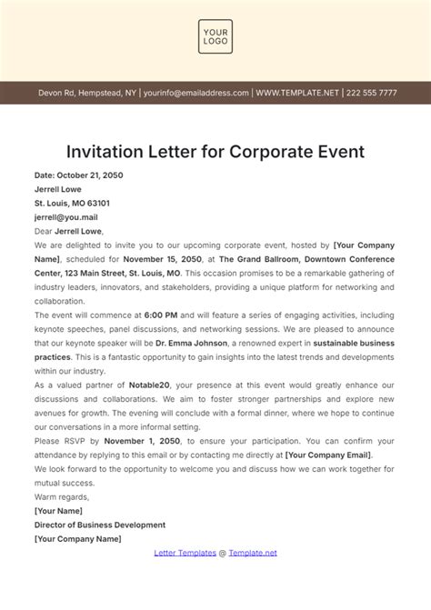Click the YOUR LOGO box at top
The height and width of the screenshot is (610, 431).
[215, 41]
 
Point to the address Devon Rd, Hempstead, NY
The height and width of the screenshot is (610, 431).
[86, 92]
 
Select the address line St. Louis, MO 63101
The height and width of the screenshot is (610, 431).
[72, 203]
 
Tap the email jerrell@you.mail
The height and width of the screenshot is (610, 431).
[65, 217]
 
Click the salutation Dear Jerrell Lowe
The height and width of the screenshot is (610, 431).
[68, 231]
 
